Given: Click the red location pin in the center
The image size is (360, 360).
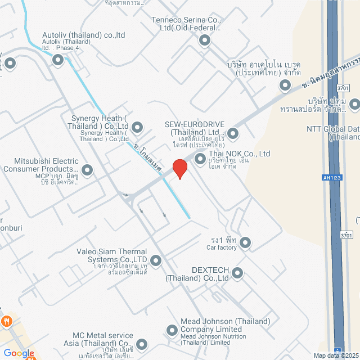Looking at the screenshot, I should pyautogui.click(x=179, y=168).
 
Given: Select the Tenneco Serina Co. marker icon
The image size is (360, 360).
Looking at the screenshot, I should pyautogui.click(x=204, y=40).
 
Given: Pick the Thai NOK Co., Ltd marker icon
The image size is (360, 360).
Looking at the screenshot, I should pyautogui.click(x=200, y=160).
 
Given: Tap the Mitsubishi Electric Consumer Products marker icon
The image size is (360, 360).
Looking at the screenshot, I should pyautogui.click(x=87, y=169).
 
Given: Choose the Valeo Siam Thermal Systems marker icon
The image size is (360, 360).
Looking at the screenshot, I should pyautogui.click(x=155, y=260).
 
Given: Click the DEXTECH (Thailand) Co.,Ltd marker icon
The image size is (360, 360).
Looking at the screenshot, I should pyautogui.click(x=237, y=274).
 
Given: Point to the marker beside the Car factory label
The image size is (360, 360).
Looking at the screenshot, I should pyautogui.click(x=245, y=243).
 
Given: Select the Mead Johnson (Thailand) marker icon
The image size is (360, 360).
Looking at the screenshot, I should pyautogui.click(x=172, y=330).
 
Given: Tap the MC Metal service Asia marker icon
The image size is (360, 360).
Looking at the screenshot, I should pyautogui.click(x=141, y=344).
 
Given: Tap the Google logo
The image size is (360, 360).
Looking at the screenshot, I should pyautogui.click(x=19, y=353).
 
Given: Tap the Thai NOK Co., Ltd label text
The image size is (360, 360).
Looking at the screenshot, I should pyautogui.click(x=239, y=154).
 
